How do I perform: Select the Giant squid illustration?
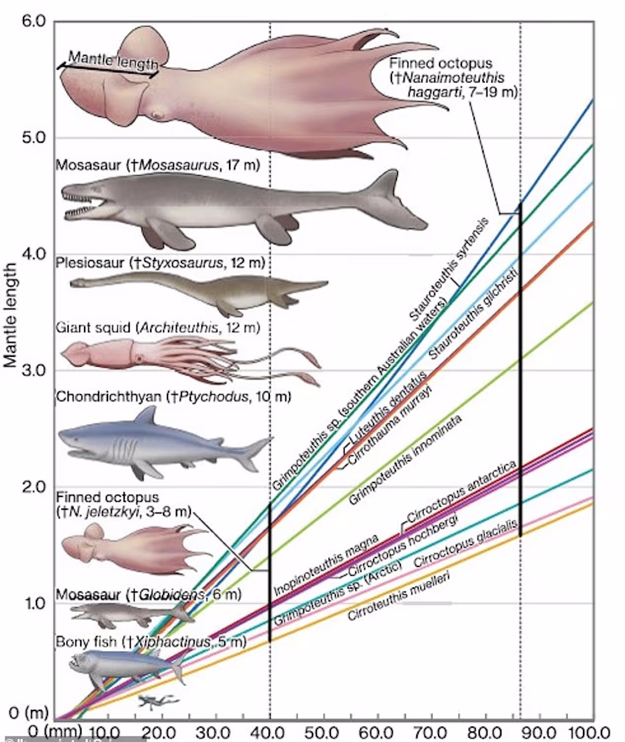point(185,359)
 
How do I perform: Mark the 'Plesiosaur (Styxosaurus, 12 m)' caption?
point(160,263)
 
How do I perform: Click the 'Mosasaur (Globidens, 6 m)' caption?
point(148,595)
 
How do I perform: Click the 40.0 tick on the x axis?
point(270,731)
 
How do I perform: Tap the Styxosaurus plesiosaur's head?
point(77,283)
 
